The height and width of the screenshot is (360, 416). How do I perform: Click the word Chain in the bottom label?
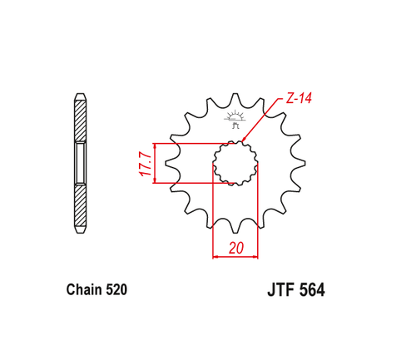point(82,291)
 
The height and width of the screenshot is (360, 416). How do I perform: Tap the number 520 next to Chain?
point(117,291)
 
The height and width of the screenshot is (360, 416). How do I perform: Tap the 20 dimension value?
point(235,247)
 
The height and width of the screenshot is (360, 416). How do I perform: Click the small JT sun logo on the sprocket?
point(235,121)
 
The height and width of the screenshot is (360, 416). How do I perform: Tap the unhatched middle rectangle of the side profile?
point(80,163)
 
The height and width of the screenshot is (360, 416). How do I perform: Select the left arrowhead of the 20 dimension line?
point(217,257)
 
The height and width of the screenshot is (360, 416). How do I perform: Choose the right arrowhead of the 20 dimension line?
point(255,257)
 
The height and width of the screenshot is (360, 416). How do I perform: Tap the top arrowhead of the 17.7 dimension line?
point(155,145)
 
